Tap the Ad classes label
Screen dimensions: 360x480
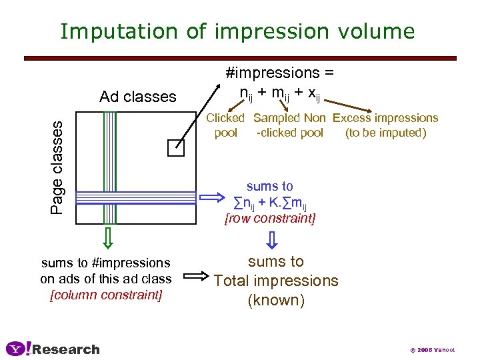point(138,97)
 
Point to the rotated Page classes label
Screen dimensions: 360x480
point(59,167)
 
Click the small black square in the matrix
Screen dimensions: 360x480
point(175,148)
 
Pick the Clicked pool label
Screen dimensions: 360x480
point(225,125)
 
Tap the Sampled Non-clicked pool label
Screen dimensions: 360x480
point(289,125)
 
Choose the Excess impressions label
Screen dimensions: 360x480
point(385,125)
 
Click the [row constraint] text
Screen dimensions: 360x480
point(270,219)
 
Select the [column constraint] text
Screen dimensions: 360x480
point(106,295)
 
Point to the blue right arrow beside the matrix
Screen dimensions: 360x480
point(213,197)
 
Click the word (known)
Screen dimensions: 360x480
point(276,301)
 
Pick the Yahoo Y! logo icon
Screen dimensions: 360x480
point(18,349)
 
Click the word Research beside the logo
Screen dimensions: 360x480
point(66,349)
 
